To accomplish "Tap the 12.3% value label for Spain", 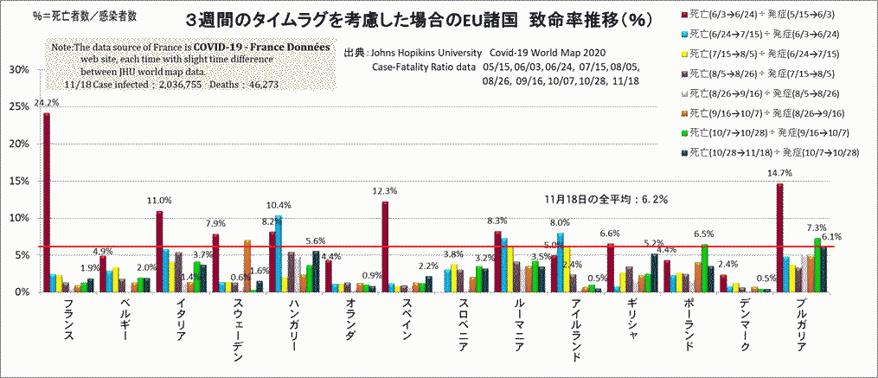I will (384, 191).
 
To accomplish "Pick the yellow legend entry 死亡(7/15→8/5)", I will (762, 54).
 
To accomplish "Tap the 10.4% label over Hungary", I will (279, 206).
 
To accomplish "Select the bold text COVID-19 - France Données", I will (262, 46).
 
